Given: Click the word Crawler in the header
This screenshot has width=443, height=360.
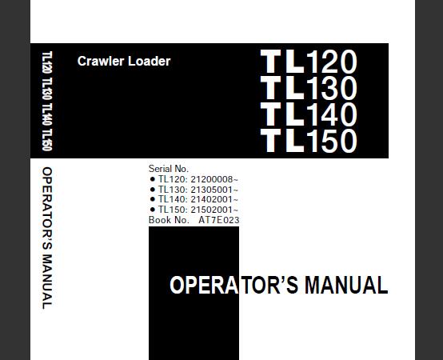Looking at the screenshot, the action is [x=101, y=61].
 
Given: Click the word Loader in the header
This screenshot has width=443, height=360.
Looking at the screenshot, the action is [x=150, y=61].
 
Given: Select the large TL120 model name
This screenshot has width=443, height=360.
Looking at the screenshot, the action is [x=309, y=62].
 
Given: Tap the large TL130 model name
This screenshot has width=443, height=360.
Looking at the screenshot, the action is [x=309, y=88].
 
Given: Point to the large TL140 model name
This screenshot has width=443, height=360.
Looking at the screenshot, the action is [x=309, y=114].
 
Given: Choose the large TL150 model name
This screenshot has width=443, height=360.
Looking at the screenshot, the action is [x=309, y=141].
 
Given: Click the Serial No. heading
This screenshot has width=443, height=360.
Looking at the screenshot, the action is [x=169, y=169].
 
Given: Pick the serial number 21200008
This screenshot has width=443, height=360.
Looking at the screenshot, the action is [x=212, y=179].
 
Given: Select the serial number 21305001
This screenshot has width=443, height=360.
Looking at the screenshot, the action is [x=212, y=190].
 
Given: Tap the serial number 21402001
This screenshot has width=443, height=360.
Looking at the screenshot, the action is [x=212, y=199].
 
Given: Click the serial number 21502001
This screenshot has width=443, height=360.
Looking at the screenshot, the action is [x=212, y=210].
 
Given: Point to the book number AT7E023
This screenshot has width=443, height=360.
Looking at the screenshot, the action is [x=218, y=220].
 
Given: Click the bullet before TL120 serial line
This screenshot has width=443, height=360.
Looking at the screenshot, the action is [x=153, y=179].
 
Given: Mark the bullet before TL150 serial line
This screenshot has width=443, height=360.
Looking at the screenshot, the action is [x=153, y=210].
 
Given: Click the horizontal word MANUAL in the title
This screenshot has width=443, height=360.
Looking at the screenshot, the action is [x=346, y=285].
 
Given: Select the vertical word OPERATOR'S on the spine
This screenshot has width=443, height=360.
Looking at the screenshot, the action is [x=47, y=208].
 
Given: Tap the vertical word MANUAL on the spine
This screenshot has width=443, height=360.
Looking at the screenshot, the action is [x=47, y=282].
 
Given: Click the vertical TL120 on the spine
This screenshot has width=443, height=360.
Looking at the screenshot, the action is [x=47, y=62].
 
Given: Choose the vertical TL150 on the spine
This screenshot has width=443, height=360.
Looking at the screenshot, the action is [x=47, y=140].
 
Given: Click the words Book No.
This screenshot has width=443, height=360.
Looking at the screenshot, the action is [x=169, y=220].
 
